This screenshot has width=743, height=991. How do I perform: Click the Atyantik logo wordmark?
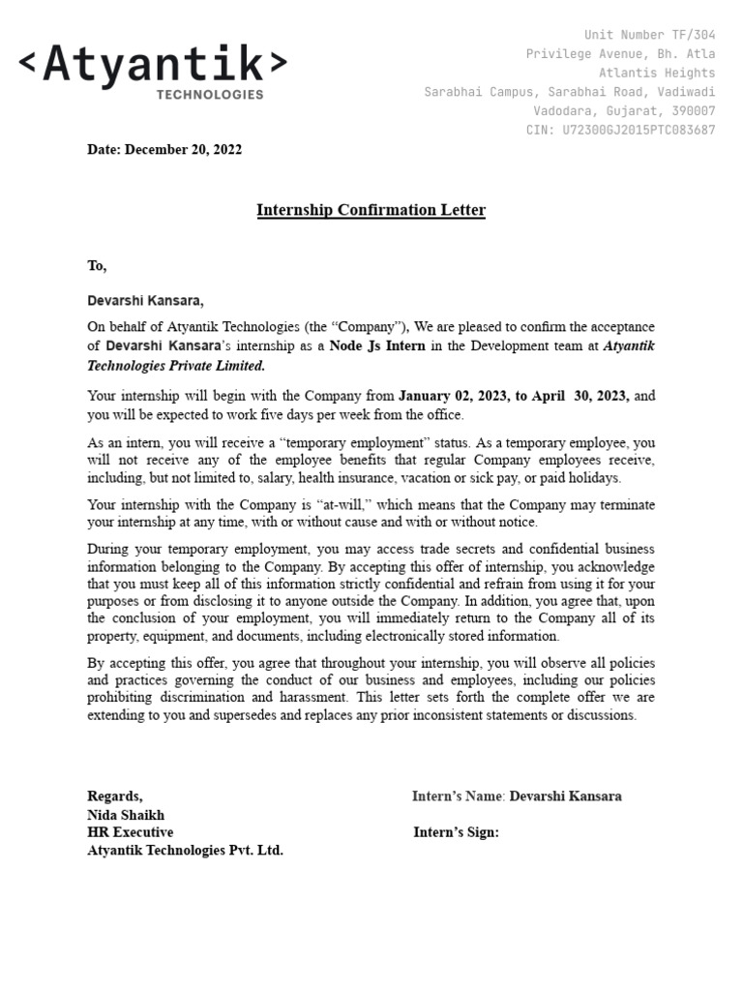[x=153, y=64]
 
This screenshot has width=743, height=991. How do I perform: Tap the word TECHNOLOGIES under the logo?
[x=210, y=95]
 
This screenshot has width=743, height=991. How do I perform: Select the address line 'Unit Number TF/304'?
[x=649, y=35]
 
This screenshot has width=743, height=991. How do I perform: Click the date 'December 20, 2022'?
[x=184, y=150]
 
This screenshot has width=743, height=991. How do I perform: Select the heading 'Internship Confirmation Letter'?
[x=371, y=210]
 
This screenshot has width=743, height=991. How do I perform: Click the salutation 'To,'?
[x=97, y=266]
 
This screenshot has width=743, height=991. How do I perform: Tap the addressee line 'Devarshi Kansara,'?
[x=146, y=301]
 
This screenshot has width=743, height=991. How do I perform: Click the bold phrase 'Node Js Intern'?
[x=377, y=346]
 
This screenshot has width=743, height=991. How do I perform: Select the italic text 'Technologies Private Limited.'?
[x=176, y=367]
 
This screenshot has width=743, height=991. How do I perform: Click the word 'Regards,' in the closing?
[x=115, y=796]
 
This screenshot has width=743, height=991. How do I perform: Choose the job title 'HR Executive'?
[x=131, y=832]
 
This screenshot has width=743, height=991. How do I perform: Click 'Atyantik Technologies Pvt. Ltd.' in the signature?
[x=185, y=851]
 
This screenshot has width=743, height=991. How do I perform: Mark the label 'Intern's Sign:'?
[x=456, y=832]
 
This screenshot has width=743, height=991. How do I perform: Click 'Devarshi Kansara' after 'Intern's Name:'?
[x=565, y=796]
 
